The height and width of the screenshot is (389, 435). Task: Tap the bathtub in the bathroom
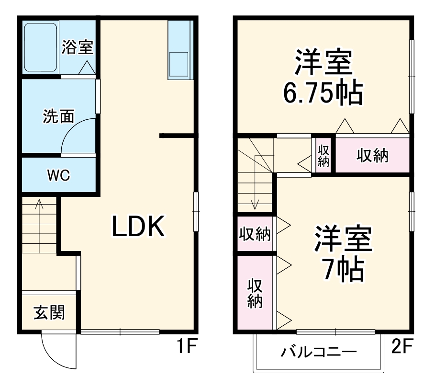pos(41,47)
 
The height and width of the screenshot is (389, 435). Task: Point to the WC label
pos(58,175)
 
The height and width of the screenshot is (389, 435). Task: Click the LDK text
pos(138,227)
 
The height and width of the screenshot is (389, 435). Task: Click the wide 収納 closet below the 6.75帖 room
pos(372,155)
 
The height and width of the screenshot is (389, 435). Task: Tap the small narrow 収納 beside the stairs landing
pos(323,155)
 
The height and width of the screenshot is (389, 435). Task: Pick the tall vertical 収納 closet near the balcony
pos(255,293)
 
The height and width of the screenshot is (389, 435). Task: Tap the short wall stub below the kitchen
pos(178,136)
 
